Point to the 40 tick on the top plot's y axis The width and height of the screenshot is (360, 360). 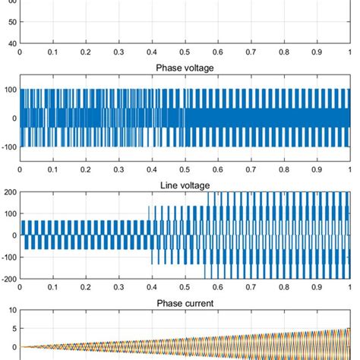(x=11, y=43)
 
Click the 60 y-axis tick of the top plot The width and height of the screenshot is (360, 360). (x=11, y=2)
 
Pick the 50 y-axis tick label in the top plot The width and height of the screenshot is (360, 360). (x=11, y=23)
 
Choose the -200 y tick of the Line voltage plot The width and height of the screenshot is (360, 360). (x=8, y=279)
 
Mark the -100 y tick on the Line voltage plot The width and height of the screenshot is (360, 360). (x=8, y=257)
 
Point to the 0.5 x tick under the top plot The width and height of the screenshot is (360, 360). (x=185, y=52)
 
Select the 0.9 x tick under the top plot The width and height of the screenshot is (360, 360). (x=317, y=52)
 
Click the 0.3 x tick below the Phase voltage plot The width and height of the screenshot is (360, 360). (x=118, y=170)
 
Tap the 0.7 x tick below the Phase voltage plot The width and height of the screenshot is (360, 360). (x=251, y=170)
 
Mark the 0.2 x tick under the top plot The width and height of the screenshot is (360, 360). (x=86, y=52)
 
